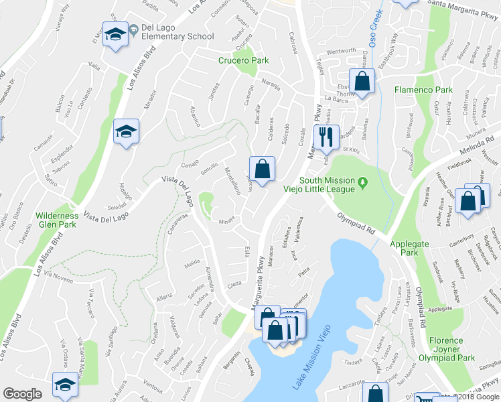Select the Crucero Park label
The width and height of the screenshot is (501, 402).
[x=243, y=60]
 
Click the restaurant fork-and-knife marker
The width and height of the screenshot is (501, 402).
[x=326, y=137]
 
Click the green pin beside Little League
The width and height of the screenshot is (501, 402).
[x=362, y=182]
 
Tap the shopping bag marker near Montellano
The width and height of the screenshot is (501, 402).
[x=262, y=168]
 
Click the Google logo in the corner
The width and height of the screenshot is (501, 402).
[x=22, y=393]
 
